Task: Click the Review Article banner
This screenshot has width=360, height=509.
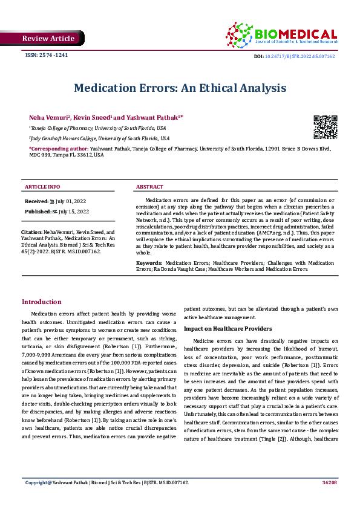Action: tap(48, 39)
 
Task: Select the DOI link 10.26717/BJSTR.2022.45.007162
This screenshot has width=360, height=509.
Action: tap(299, 56)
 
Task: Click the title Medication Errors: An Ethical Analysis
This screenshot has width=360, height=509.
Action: tap(180, 88)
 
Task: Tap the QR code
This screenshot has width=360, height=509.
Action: tap(325, 126)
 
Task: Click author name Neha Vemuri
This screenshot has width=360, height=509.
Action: tap(50, 117)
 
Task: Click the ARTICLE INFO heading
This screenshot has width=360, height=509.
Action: tap(42, 187)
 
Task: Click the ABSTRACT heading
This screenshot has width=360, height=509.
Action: tap(149, 187)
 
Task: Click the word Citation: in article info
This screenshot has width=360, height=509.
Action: tap(31, 232)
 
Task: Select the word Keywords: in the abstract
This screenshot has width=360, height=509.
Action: tap(149, 264)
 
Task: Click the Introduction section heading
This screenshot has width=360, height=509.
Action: tap(41, 302)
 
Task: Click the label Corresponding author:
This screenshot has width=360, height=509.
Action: tap(58, 148)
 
